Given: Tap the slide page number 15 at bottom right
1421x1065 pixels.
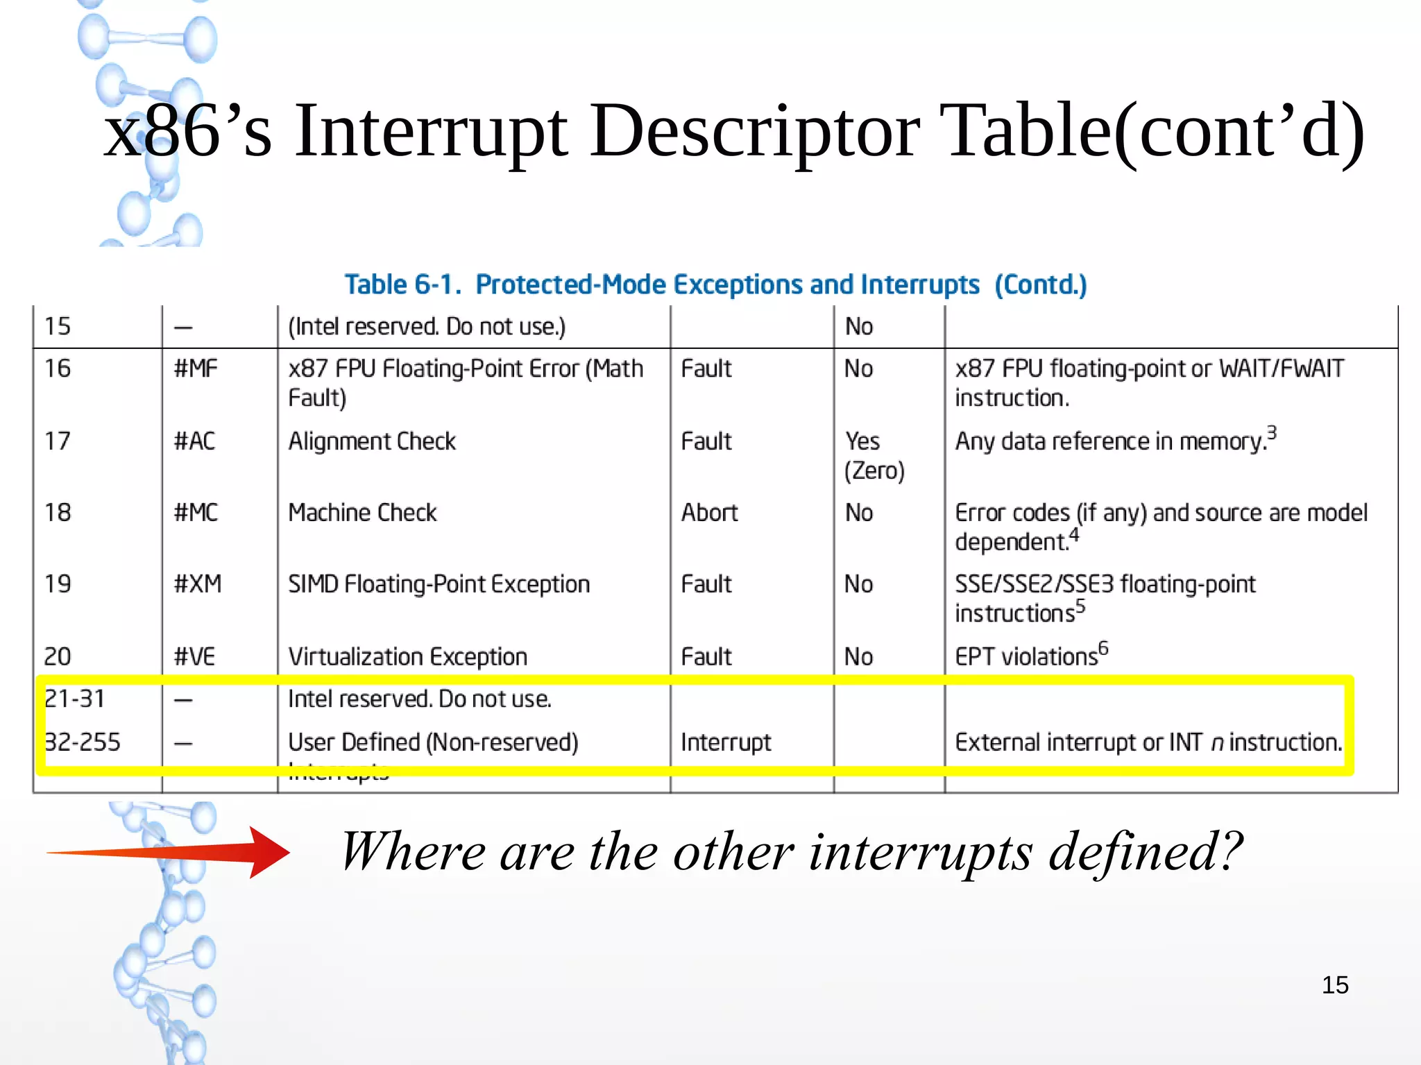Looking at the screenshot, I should [x=1334, y=985].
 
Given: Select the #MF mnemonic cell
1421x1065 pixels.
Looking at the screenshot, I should [x=195, y=368].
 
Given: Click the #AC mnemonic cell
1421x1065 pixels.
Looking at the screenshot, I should [x=194, y=441].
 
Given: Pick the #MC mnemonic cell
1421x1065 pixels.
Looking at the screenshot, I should [x=196, y=513].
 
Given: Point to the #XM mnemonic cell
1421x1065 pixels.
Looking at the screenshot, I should [x=197, y=584].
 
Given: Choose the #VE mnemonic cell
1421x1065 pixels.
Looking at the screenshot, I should [x=194, y=656].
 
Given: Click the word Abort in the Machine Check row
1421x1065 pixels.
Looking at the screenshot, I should [x=709, y=513].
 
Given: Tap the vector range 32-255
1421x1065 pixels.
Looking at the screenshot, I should [x=82, y=742].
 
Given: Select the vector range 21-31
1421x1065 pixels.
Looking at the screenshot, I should [x=75, y=699].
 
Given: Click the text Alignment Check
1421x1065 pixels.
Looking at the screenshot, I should [x=372, y=441].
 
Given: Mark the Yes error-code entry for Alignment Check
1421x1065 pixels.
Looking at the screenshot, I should [x=862, y=441].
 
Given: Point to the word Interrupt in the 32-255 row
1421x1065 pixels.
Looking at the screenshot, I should [x=726, y=742].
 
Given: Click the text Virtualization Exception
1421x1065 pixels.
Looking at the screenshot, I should [x=407, y=656].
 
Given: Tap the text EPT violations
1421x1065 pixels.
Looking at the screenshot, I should [x=1026, y=656].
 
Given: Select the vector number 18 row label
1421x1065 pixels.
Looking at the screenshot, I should [x=58, y=513].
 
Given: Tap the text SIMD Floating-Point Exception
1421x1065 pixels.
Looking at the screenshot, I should [x=439, y=584].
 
